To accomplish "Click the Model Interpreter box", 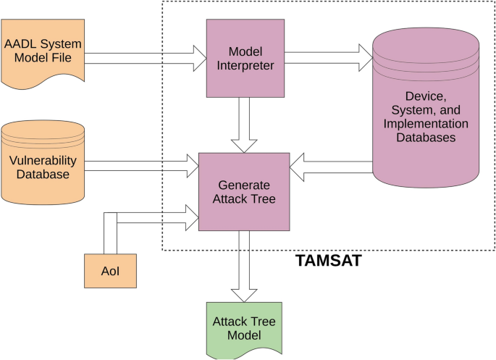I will tap(245, 58).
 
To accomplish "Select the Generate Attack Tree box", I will tap(244, 192).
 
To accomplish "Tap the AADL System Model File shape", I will tap(43, 51).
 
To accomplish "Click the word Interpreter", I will tap(245, 65).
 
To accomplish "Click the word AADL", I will tap(20, 43).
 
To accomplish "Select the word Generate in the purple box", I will tap(244, 185).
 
